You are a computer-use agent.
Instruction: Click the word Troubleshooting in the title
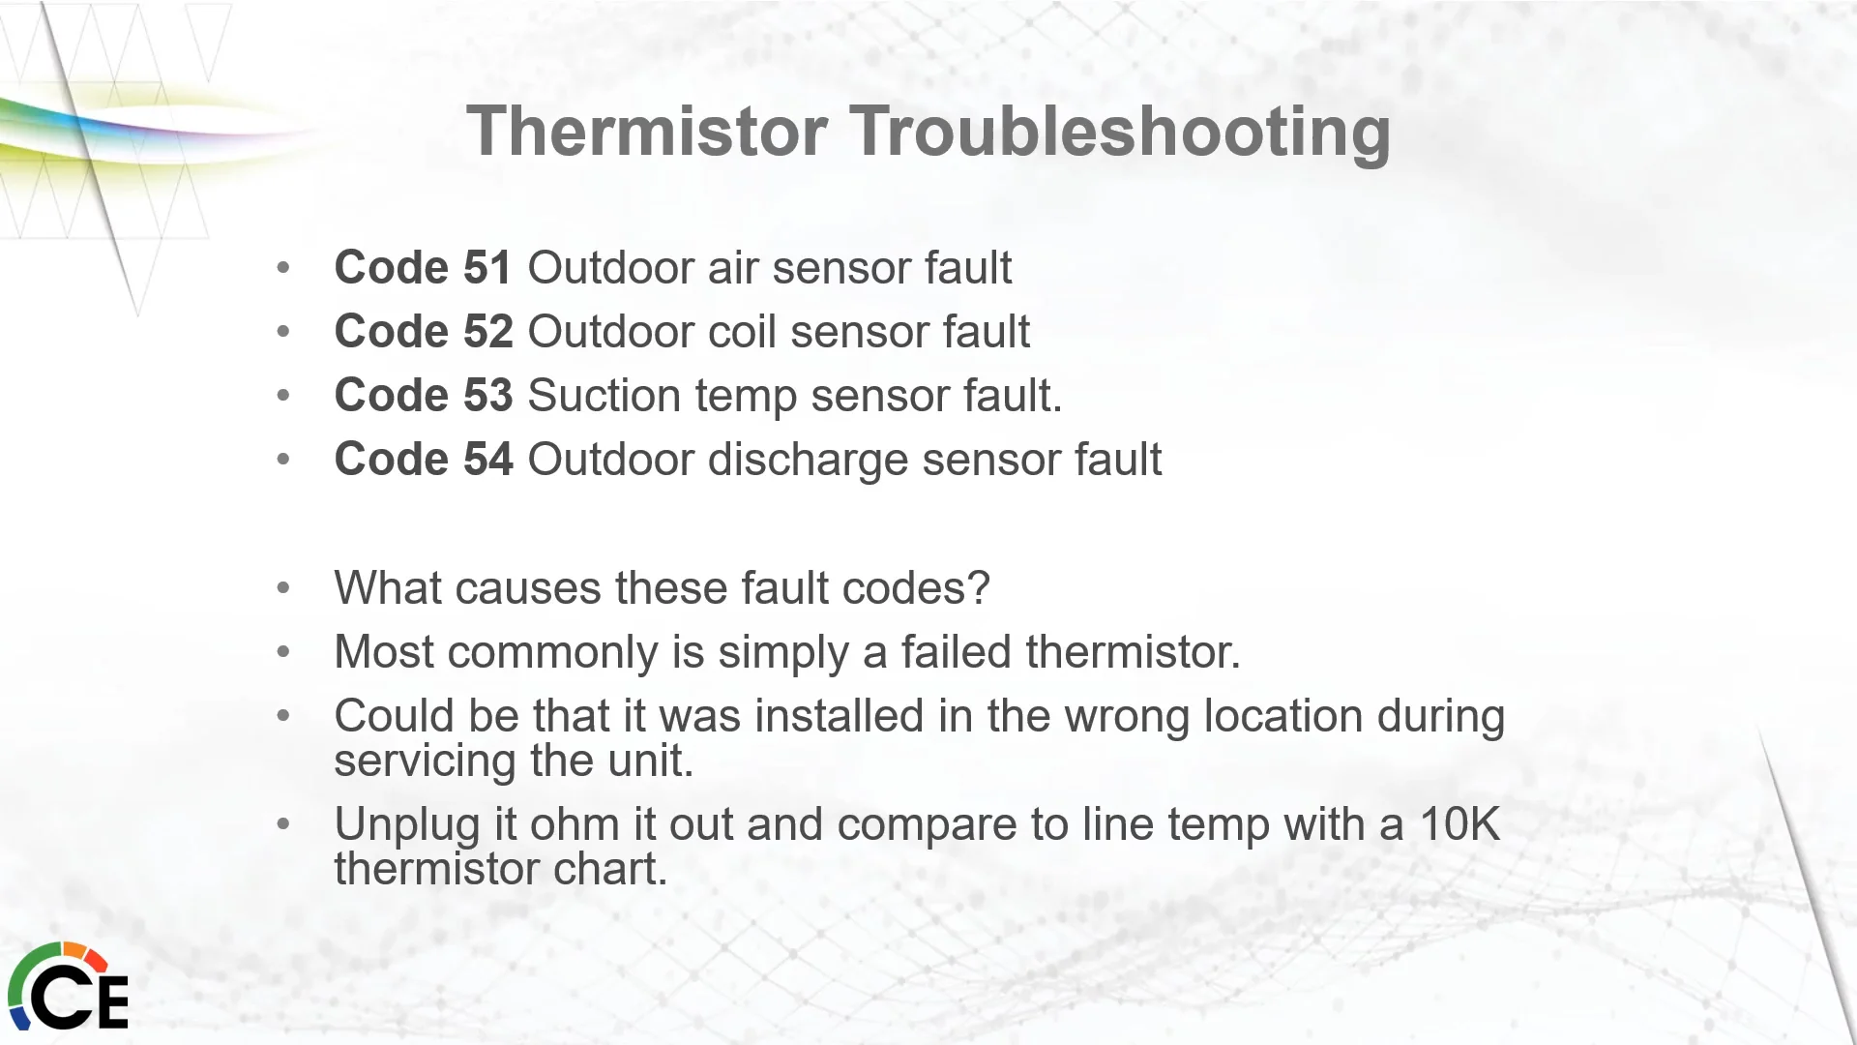coord(1121,133)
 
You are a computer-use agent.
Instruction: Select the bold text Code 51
coord(423,267)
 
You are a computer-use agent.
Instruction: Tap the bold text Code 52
coord(424,331)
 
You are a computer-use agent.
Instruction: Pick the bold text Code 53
coord(424,395)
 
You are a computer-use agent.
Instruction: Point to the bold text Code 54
coord(424,459)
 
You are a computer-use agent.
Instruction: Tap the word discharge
coord(809,461)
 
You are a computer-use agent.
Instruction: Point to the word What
coord(388,587)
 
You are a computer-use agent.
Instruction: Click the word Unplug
coord(407,825)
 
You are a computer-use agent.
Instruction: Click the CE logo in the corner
coord(67,987)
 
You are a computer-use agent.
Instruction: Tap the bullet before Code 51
coord(283,268)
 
